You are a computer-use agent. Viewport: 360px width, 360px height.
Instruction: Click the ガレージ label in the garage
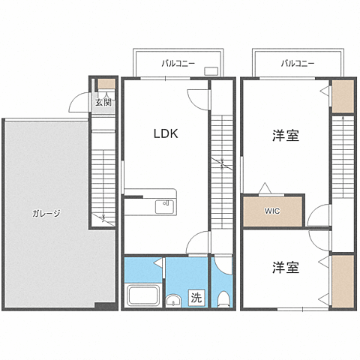46,213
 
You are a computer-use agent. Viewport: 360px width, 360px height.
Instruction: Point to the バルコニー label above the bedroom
298,64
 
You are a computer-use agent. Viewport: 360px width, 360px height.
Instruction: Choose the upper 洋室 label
285,136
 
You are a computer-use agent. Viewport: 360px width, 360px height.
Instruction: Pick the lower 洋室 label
285,267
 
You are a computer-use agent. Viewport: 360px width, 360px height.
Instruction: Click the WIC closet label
271,211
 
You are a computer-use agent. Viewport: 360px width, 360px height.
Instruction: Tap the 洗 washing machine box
196,296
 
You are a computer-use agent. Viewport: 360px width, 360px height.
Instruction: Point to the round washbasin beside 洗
174,302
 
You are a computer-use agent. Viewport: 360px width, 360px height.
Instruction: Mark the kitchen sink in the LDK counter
164,205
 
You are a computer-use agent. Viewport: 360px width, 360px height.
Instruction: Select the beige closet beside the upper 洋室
343,95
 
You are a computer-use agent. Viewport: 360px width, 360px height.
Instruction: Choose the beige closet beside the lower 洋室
343,281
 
